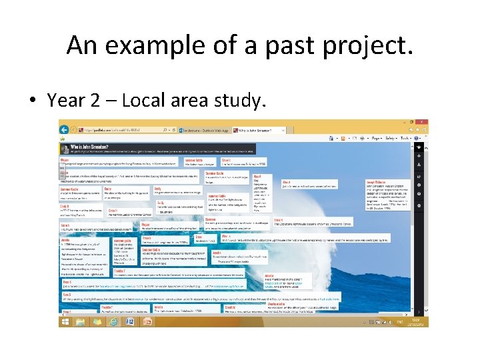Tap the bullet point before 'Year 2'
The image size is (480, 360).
pyautogui.click(x=32, y=101)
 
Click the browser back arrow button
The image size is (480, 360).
pyautogui.click(x=65, y=128)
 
